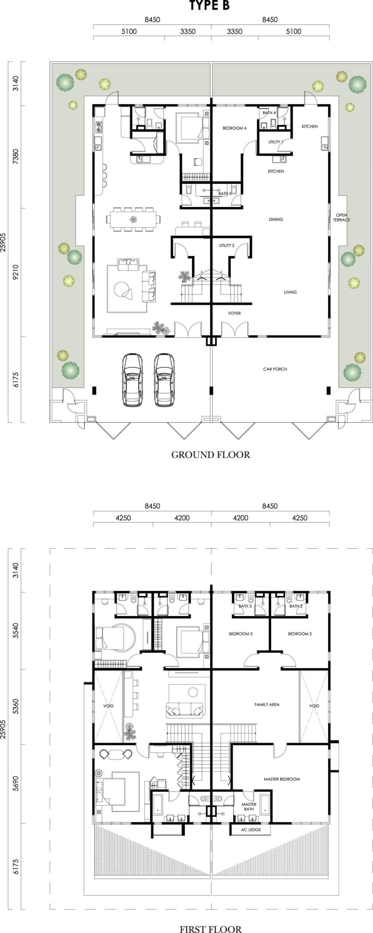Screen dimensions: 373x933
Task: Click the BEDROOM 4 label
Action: [x=234, y=128]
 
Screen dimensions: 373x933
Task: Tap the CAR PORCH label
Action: [x=275, y=369]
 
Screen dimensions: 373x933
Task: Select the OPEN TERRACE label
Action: [x=342, y=218]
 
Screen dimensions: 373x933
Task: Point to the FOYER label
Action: [x=234, y=313]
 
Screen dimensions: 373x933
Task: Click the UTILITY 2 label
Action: [x=227, y=245]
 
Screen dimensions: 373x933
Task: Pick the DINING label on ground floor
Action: [x=276, y=219]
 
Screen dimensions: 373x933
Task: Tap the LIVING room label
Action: [x=290, y=292]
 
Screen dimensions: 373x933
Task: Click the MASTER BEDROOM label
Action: [x=282, y=779]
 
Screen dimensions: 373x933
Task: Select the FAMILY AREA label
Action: [x=267, y=704]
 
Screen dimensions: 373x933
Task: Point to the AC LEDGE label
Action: [x=251, y=829]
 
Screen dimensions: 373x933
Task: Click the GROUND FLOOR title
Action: [x=211, y=454]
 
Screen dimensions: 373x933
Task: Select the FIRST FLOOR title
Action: [x=211, y=929]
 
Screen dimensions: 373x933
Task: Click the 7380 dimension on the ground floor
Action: [x=15, y=157]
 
